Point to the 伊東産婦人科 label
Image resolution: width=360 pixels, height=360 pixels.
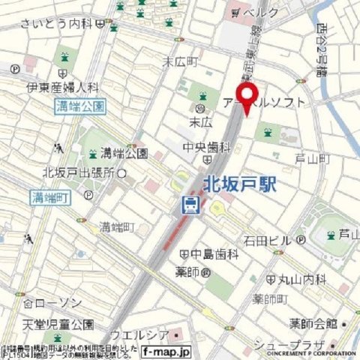click(63, 87)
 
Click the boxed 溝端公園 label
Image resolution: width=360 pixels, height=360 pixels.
click(81, 106)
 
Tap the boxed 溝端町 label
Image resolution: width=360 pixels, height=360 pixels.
click(50, 198)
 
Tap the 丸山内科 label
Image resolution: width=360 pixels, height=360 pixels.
click(303, 279)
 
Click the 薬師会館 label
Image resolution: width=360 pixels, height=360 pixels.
click(314, 324)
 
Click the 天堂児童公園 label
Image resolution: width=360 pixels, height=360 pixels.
click(58, 324)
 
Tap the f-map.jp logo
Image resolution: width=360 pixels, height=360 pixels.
click(166, 351)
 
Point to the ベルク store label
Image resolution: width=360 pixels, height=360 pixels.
click(262, 13)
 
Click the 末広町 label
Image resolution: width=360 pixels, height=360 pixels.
click(181, 60)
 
